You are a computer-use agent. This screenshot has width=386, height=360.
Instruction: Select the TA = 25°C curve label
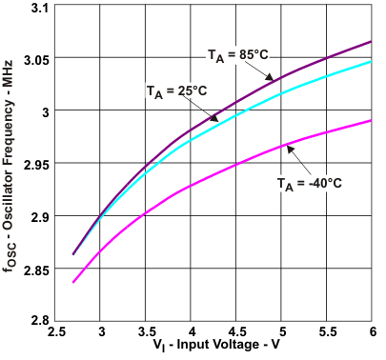point(177,90)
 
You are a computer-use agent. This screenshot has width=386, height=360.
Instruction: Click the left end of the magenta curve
point(72,282)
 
